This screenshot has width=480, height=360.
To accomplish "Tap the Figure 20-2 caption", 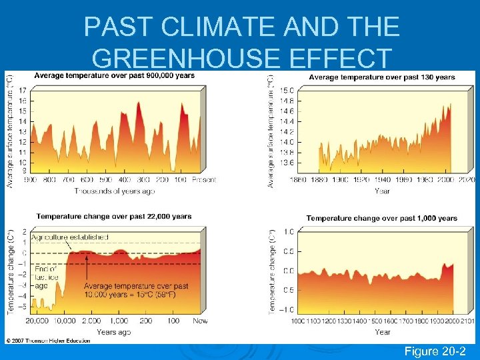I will tap(439, 351).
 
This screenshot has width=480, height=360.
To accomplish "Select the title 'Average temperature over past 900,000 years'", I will tap(114, 75).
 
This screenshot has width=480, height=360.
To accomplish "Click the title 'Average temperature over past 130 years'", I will tap(382, 77).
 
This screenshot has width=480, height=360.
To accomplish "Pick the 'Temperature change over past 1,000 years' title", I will tap(381, 218).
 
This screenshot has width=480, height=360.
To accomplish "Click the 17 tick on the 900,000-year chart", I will tap(22, 90).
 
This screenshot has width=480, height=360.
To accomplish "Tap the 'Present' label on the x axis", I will tap(203, 180).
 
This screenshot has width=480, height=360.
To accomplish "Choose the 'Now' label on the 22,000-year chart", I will tap(200, 321).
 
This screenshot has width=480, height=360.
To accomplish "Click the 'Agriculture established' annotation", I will tap(69, 237).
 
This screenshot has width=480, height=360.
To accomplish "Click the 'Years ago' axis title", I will tap(113, 331).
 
